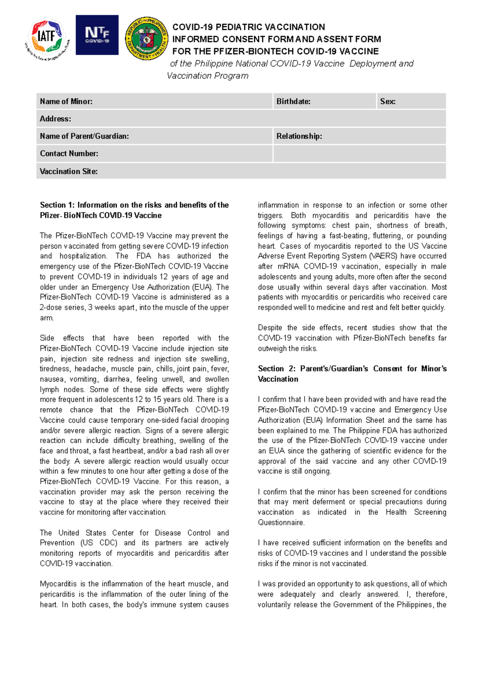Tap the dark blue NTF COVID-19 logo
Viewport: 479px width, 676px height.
coord(97,35)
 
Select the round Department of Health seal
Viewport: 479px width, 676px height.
coord(146,39)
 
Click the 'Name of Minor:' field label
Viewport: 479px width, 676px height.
coord(66,101)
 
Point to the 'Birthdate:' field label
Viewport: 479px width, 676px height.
coord(293,101)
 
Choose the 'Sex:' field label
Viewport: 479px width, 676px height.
coord(388,101)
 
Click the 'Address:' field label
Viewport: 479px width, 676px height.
coord(55,119)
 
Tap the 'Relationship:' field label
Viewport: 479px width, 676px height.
coord(299,136)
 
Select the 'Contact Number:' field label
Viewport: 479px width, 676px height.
coord(69,154)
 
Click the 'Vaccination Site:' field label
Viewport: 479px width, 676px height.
coord(69,171)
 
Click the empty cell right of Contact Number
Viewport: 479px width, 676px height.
coord(359,154)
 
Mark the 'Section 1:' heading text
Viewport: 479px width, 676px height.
coord(57,205)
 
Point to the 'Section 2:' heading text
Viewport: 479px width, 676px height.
coord(276,369)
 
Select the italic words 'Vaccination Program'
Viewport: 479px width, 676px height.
coord(208,76)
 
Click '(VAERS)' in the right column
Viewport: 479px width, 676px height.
coord(383,256)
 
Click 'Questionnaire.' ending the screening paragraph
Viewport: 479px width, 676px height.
coord(281,522)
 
